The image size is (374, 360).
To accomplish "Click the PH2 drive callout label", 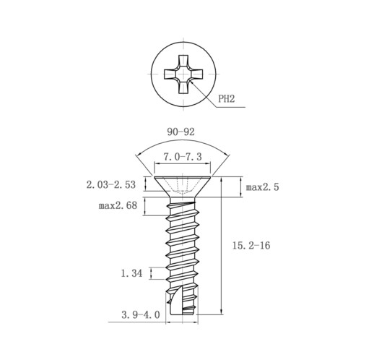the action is [226, 98].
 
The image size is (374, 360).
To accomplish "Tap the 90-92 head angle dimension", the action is [181, 132].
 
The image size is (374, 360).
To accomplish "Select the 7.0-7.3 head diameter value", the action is [183, 157].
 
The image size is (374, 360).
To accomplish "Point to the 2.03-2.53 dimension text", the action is [111, 185].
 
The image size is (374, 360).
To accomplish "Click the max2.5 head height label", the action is [262, 187].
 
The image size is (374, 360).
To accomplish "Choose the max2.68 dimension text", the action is [118, 205].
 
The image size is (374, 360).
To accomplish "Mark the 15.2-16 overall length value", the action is [251, 246].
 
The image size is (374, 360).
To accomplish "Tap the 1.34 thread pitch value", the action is [131, 273].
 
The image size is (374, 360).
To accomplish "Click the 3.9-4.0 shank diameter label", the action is [141, 315].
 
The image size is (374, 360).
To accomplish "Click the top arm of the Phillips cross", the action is [183, 61].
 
